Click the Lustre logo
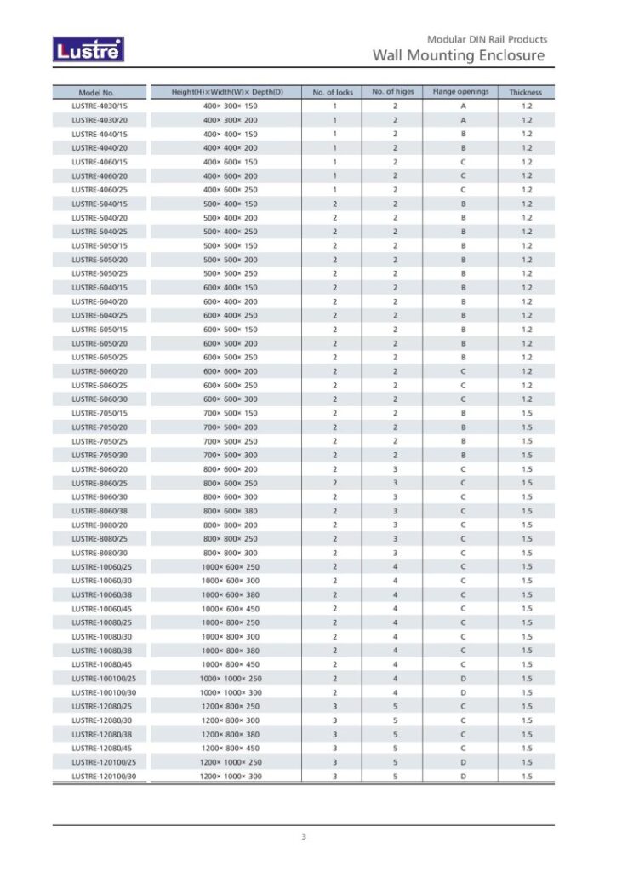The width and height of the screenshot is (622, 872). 88,50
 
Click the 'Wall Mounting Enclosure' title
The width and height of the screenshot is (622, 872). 459,55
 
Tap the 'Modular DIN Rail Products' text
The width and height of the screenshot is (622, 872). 487,39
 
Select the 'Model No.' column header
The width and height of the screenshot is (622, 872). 96,92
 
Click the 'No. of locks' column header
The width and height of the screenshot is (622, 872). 333,92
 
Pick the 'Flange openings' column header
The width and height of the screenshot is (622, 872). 461,92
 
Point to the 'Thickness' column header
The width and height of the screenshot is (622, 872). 526,92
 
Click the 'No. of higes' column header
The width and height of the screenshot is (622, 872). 393,92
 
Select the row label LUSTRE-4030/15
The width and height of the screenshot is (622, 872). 100,106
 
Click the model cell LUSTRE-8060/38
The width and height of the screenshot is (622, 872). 100,511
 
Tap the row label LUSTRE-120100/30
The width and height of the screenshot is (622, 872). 104,777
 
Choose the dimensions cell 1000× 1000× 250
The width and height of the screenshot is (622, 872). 231,679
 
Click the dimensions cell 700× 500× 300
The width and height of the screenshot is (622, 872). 230,456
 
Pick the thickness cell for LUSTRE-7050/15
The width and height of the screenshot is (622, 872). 527,413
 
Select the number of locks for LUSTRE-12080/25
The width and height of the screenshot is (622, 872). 334,707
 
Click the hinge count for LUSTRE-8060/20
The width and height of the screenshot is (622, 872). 395,469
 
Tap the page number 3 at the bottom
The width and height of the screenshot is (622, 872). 304,837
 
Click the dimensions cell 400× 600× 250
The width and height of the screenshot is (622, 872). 230,190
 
